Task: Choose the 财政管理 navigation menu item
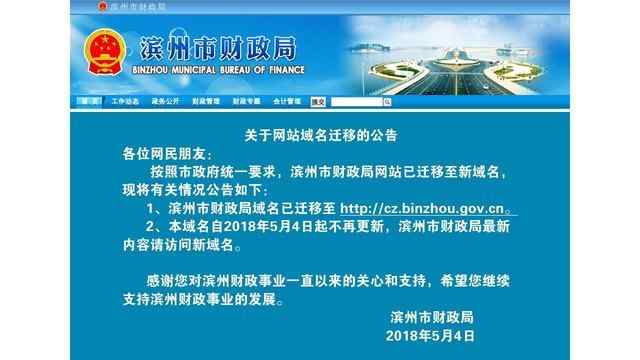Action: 204,101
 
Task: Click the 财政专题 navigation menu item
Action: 245,101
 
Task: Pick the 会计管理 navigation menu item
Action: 285,101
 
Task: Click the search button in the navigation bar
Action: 318,101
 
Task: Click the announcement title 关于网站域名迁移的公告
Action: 319,133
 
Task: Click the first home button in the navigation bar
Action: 88,101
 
